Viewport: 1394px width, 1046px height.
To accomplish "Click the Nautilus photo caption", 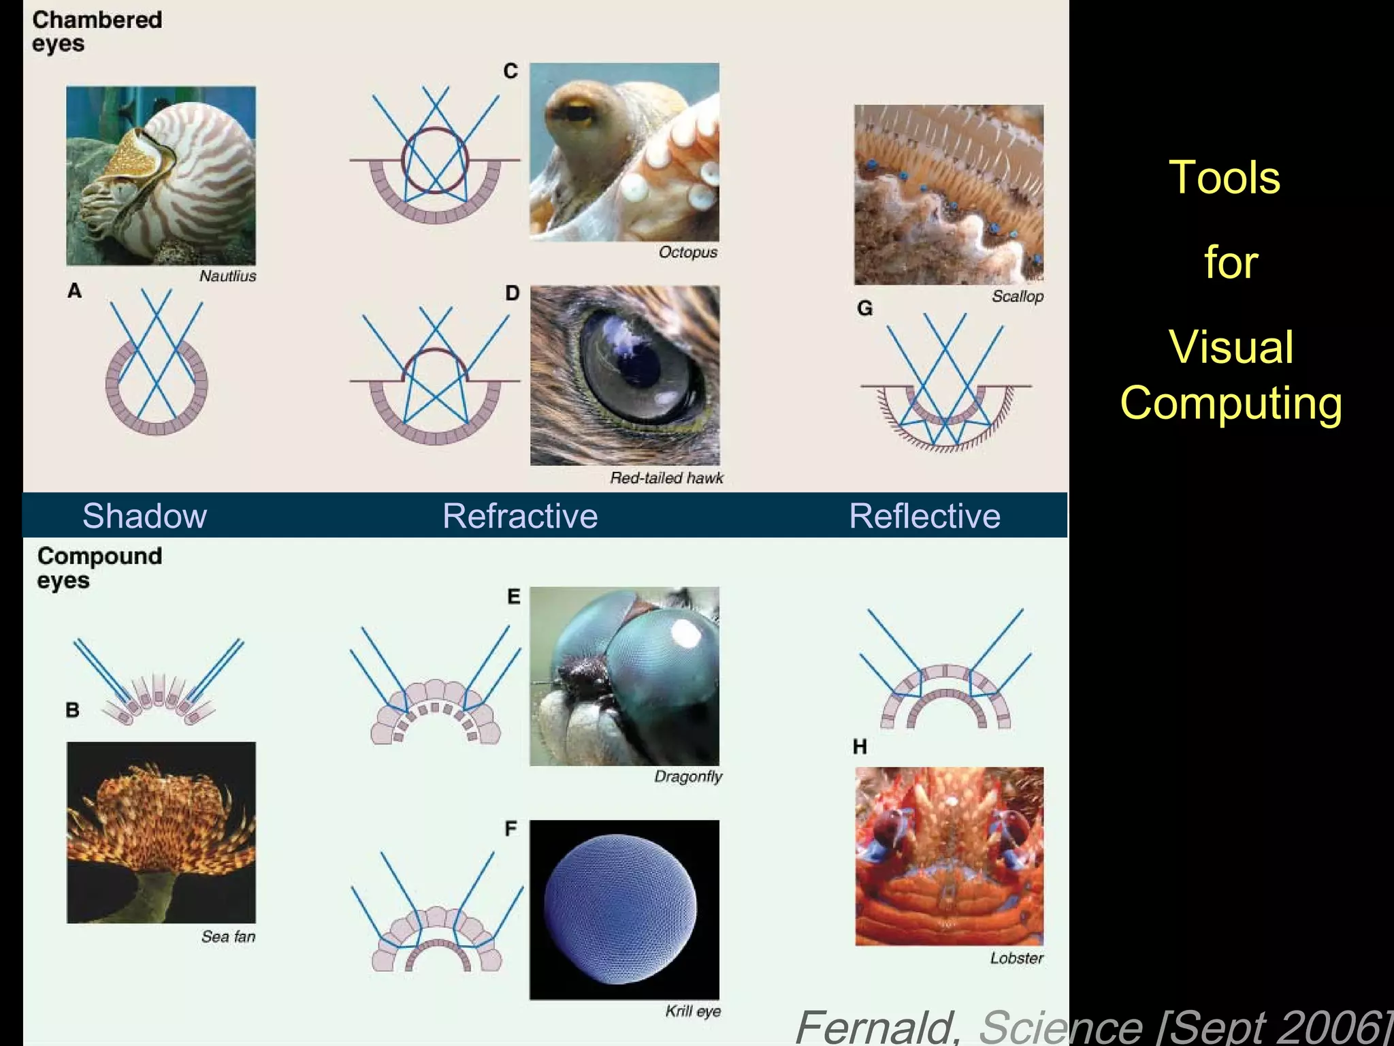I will pos(227,276).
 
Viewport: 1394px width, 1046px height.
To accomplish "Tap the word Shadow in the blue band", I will pos(144,516).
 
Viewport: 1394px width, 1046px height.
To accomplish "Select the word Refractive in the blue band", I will pos(520,516).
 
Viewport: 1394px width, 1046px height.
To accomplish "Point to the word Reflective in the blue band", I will pos(924,516).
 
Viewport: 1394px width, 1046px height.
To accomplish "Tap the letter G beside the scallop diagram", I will pos(864,308).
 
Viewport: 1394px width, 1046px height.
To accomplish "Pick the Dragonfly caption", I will pos(687,776).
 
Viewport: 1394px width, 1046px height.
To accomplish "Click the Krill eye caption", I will pos(692,1011).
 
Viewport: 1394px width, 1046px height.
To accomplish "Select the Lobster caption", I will pos(1016,958).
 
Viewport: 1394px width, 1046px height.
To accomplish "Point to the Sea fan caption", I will pos(228,936).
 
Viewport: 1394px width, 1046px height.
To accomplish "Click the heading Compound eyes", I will pos(99,567).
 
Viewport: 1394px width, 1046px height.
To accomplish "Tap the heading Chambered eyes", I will pos(97,31).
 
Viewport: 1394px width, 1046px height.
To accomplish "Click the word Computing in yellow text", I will pos(1231,403).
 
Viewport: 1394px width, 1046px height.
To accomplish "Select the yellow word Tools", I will pos(1224,177).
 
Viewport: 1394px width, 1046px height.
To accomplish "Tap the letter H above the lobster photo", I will pos(860,747).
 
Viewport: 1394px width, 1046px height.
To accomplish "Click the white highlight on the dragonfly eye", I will pos(685,635).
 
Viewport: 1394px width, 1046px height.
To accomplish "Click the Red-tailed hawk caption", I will pos(666,478).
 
